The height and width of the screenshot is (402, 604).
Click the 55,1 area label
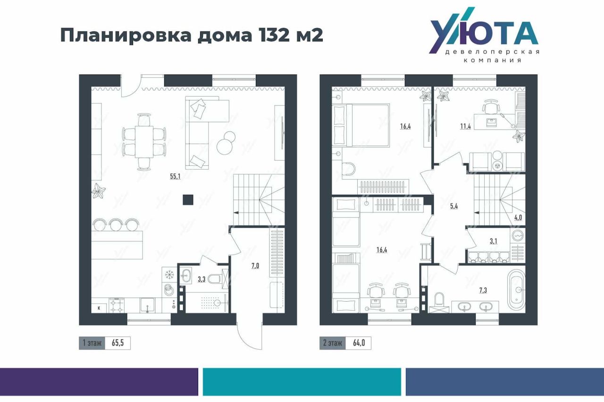tap(175, 176)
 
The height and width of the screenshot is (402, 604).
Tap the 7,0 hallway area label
tap(255, 266)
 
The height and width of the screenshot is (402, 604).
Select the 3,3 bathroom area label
tap(201, 279)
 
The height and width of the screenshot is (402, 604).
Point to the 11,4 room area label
tap(465, 126)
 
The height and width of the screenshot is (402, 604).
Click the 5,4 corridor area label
tap(454, 206)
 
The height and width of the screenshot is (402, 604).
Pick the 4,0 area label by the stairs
tap(518, 217)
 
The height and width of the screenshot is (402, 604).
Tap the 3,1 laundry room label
tap(493, 241)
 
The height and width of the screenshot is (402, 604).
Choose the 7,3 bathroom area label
tap(483, 290)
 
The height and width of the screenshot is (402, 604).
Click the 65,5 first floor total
tap(117, 343)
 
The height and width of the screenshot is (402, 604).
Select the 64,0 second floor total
tap(359, 343)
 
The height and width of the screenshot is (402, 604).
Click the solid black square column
tap(188, 200)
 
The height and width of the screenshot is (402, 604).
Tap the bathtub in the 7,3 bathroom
tap(516, 290)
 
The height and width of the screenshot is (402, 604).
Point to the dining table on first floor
tap(144, 142)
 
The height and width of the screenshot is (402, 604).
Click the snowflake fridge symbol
tap(169, 275)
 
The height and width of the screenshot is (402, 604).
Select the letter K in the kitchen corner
tap(99, 308)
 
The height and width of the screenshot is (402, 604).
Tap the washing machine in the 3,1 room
tap(518, 236)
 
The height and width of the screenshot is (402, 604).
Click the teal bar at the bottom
tap(302, 382)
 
